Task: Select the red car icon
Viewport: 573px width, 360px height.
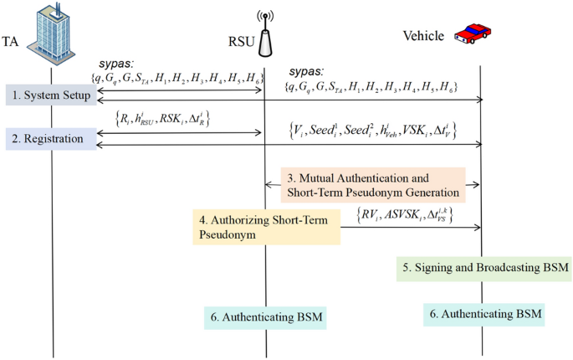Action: pyautogui.click(x=472, y=33)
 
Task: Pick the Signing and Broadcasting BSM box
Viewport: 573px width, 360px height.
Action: pyautogui.click(x=483, y=268)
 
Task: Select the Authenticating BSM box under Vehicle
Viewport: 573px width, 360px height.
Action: pyautogui.click(x=483, y=315)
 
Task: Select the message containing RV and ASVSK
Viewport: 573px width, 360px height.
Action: pyautogui.click(x=405, y=214)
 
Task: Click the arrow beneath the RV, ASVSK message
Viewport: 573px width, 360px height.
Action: pyautogui.click(x=411, y=227)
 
